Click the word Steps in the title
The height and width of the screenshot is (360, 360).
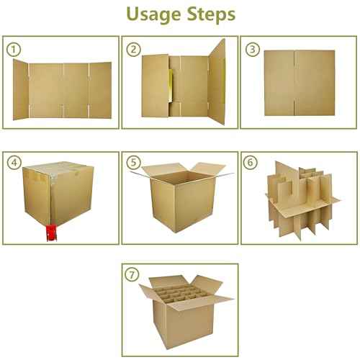click(209, 15)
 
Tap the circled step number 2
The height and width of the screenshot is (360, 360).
click(134, 49)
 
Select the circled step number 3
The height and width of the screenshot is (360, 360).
click(253, 49)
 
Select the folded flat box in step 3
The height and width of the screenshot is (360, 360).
click(299, 84)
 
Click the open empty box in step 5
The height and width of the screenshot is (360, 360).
click(180, 198)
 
